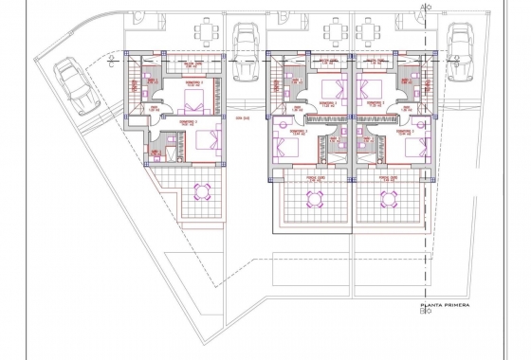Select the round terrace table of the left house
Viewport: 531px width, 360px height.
[x=200, y=193]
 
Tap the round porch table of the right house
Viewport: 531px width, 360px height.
[x=390, y=199]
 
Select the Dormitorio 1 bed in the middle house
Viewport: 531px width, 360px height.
[x=332, y=93]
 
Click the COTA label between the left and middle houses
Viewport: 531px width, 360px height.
[x=241, y=119]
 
